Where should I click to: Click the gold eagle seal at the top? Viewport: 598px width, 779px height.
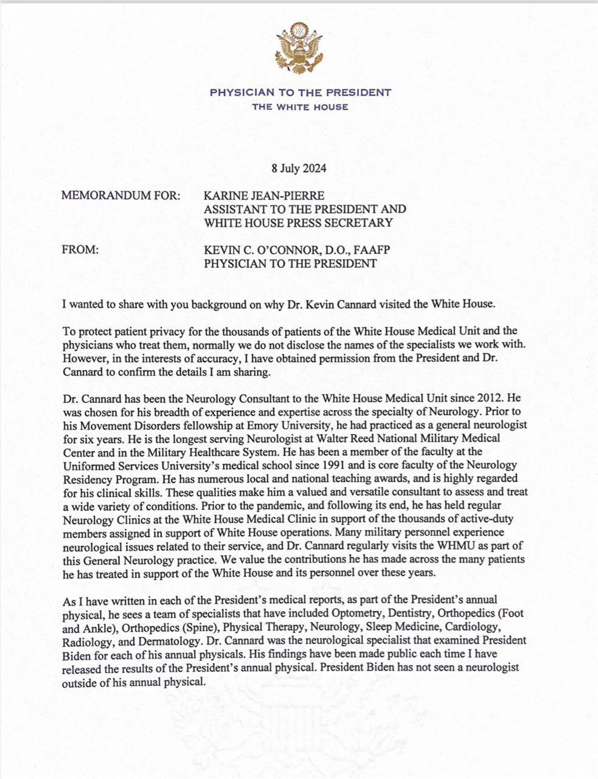click(x=299, y=48)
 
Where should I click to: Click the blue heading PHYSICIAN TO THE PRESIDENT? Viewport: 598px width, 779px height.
click(x=300, y=93)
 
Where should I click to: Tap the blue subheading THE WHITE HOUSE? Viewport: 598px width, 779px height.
click(x=300, y=107)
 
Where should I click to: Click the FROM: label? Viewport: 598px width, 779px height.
click(x=80, y=250)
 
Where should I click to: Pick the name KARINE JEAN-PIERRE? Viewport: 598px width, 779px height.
click(x=264, y=195)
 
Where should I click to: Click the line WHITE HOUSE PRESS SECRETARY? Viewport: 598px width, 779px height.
click(x=298, y=223)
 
